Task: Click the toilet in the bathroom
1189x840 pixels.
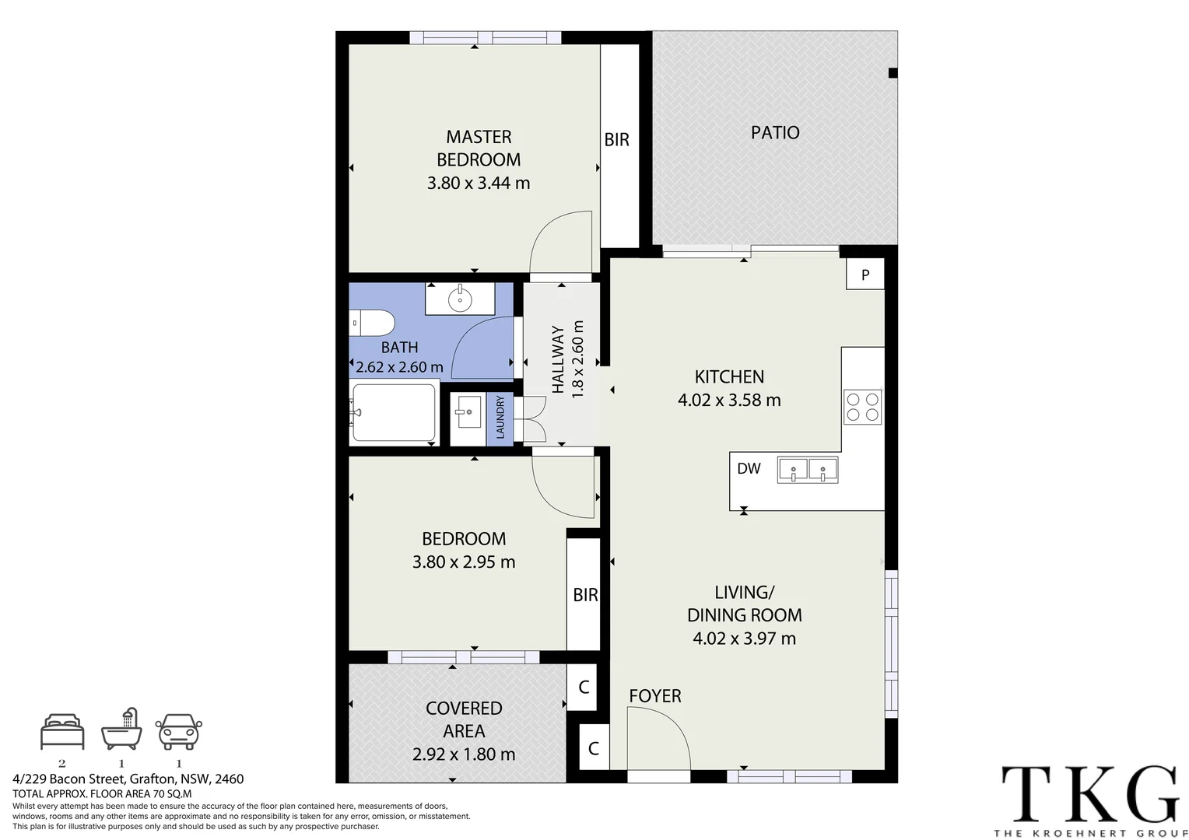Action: (372, 323)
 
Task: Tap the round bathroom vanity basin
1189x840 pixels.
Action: (460, 299)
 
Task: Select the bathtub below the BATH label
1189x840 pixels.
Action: (394, 412)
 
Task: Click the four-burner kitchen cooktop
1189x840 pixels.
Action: (862, 407)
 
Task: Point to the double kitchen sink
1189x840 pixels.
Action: (808, 470)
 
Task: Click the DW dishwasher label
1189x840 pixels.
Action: (749, 468)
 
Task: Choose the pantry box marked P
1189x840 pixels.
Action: (865, 275)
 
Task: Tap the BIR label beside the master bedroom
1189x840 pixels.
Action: (617, 139)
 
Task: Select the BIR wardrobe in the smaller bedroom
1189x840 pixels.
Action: (584, 594)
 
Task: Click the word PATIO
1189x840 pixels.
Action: (775, 133)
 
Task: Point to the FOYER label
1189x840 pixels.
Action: (655, 695)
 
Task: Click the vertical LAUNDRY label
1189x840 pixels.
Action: (500, 418)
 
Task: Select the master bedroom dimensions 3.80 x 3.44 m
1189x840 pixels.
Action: (479, 183)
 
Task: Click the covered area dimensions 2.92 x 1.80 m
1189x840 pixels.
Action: (464, 754)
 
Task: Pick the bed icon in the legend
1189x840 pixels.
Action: (62, 731)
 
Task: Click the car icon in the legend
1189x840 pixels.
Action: (179, 731)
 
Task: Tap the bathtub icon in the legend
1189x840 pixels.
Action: (122, 729)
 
